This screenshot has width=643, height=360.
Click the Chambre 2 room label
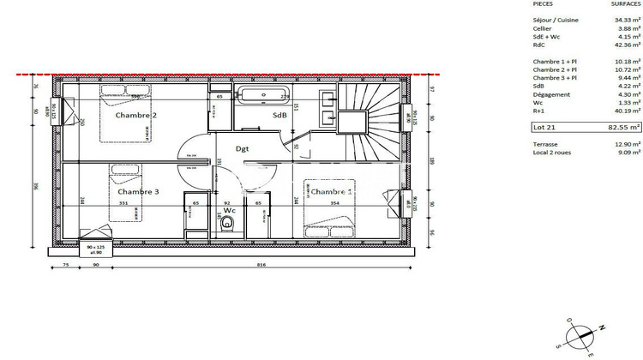[x=136, y=115]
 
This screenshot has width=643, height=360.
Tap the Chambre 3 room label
[x=138, y=192]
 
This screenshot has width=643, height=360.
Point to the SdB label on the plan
[x=279, y=115]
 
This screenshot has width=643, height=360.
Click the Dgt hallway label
[x=243, y=148]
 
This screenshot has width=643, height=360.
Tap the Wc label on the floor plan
[x=230, y=209]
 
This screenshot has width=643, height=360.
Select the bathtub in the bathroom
[x=265, y=95]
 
